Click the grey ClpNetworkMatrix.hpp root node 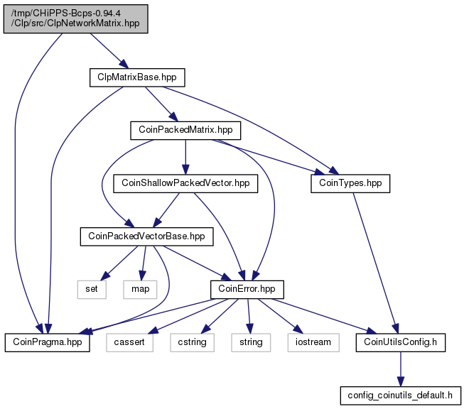[76, 19]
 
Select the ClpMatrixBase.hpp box [137, 78]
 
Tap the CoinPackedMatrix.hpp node [185, 131]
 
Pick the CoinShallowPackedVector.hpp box [185, 184]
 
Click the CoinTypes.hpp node [350, 184]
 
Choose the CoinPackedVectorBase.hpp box [147, 236]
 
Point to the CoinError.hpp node [247, 290]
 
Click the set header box [92, 290]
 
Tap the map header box [140, 290]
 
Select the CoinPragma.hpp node [48, 343]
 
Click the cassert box [129, 343]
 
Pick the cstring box [193, 343]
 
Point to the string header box [251, 343]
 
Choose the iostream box [313, 343]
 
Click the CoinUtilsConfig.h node [401, 343]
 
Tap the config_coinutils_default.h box [401, 396]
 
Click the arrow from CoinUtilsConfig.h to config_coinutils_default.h [401, 369]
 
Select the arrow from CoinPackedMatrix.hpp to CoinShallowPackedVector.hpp [185, 157]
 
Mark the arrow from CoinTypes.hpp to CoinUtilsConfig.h [375, 263]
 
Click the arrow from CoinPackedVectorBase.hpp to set [119, 263]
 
